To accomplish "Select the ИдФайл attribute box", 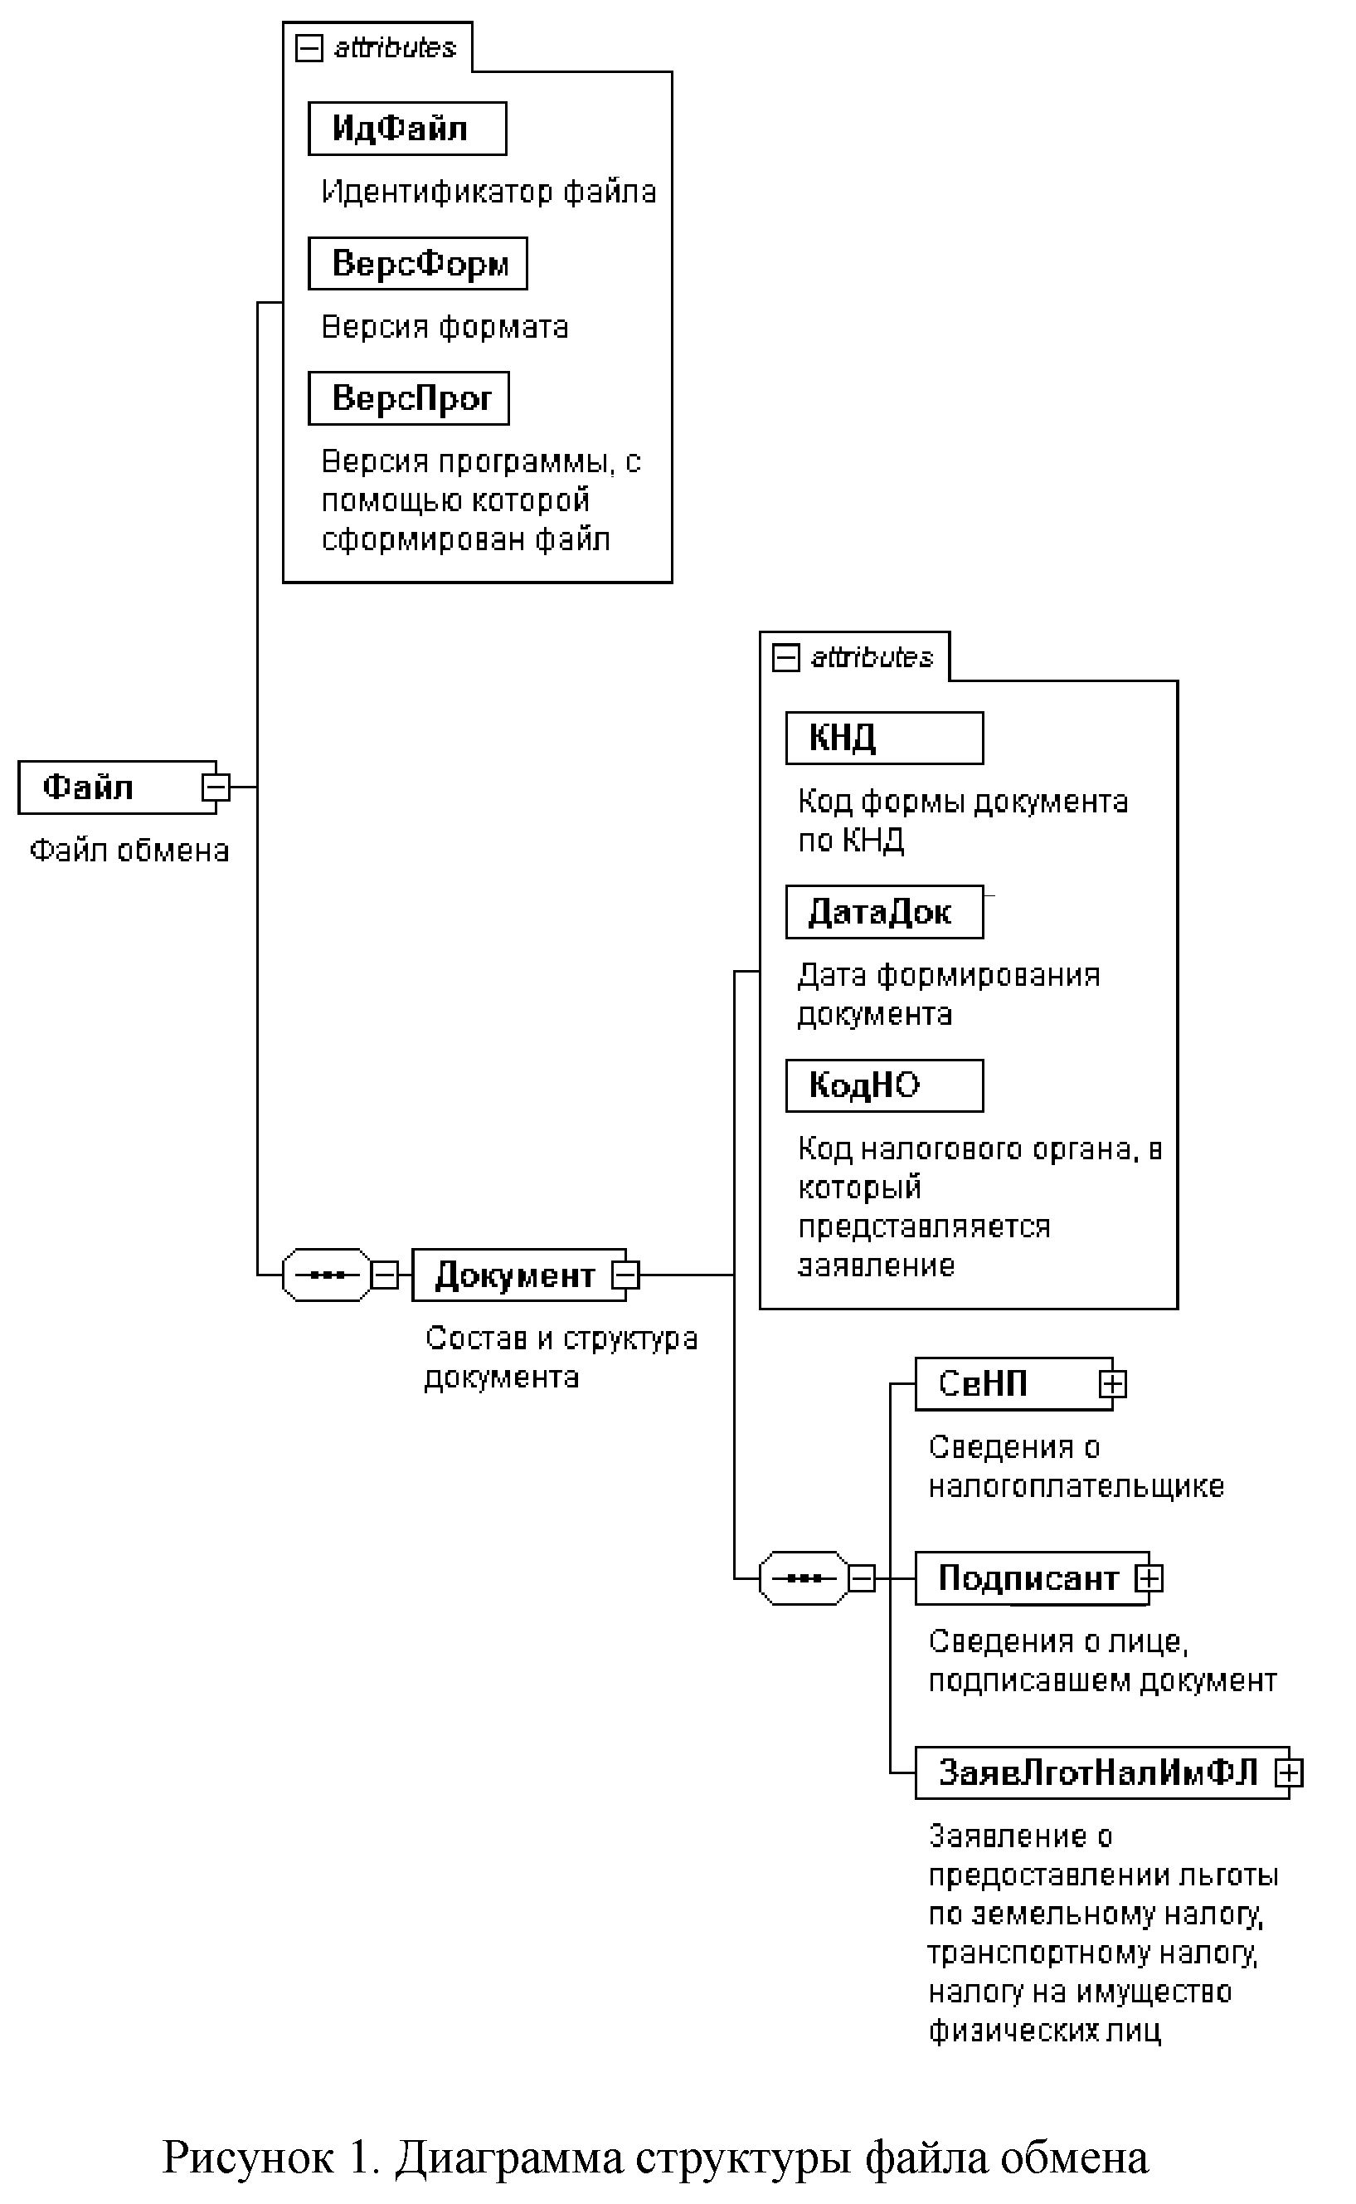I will [406, 129].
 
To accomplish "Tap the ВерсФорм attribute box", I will [417, 264].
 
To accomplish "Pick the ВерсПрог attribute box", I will [408, 398].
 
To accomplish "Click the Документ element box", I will [514, 1275].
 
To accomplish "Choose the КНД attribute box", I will [883, 739].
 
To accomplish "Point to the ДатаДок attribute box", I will [883, 912].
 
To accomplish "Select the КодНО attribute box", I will [883, 1085].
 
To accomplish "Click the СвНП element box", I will [1004, 1384].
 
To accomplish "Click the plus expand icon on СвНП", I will [1112, 1384].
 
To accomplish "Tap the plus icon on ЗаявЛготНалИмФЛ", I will [1289, 1772].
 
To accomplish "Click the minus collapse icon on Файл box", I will [216, 787].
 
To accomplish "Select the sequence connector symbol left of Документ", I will [327, 1275].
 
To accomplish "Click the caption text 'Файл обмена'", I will [129, 851].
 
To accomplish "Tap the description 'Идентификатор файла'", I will [488, 192].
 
